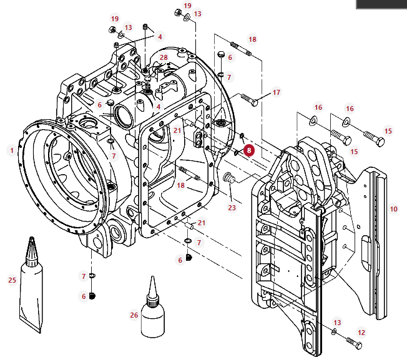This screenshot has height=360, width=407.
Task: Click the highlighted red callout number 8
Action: pos(249,150)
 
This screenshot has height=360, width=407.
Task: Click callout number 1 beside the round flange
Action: pos(11,150)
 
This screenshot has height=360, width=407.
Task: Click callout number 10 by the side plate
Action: pos(393,208)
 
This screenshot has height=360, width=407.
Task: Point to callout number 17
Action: pos(277,92)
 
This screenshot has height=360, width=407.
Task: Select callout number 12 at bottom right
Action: pos(361,333)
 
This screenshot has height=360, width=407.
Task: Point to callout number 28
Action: pos(164,57)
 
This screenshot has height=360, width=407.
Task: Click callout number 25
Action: pos(12,280)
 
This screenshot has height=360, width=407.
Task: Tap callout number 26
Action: pos(134,315)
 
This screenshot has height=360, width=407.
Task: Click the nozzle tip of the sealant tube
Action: pos(31,242)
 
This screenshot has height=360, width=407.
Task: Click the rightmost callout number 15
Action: pos(388,131)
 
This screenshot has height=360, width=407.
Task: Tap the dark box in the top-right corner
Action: pos(381,4)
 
